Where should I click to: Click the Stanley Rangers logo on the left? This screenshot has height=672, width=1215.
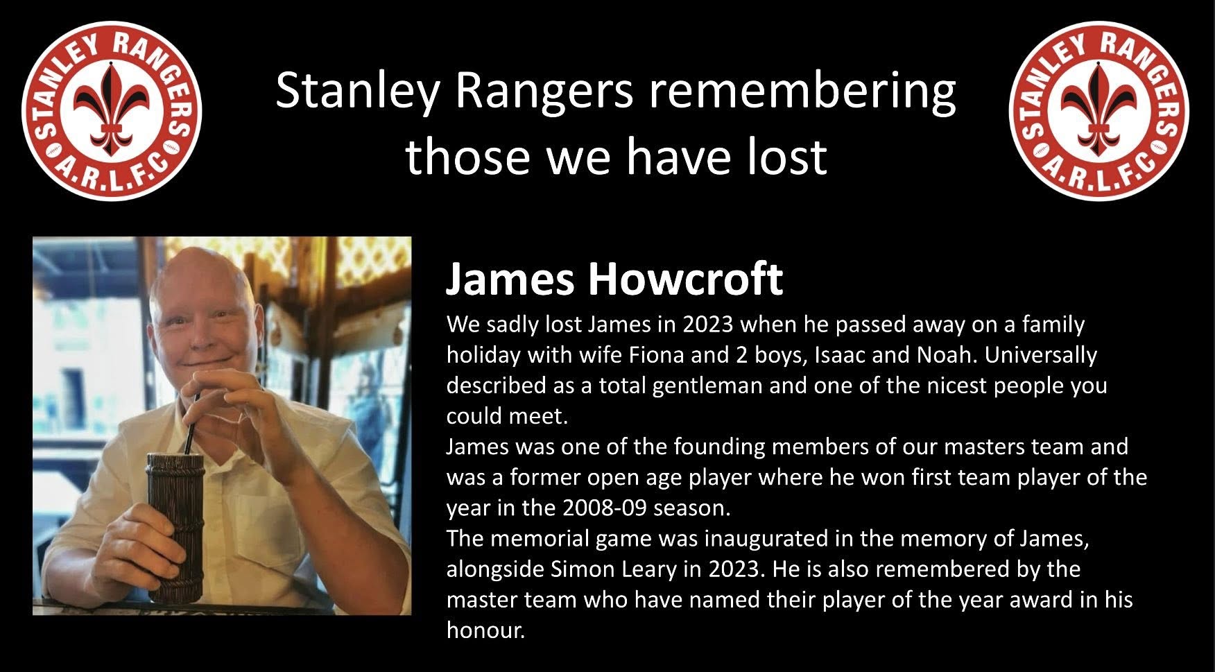pos(112,110)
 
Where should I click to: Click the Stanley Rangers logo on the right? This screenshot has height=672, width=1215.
pos(1099,110)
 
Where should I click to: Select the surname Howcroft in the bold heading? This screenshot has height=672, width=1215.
pos(685,279)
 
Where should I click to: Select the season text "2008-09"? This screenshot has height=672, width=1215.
pos(605,508)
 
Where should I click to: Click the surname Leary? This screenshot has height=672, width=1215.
pos(646,570)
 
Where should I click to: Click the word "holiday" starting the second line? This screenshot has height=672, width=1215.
pos(483,355)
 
